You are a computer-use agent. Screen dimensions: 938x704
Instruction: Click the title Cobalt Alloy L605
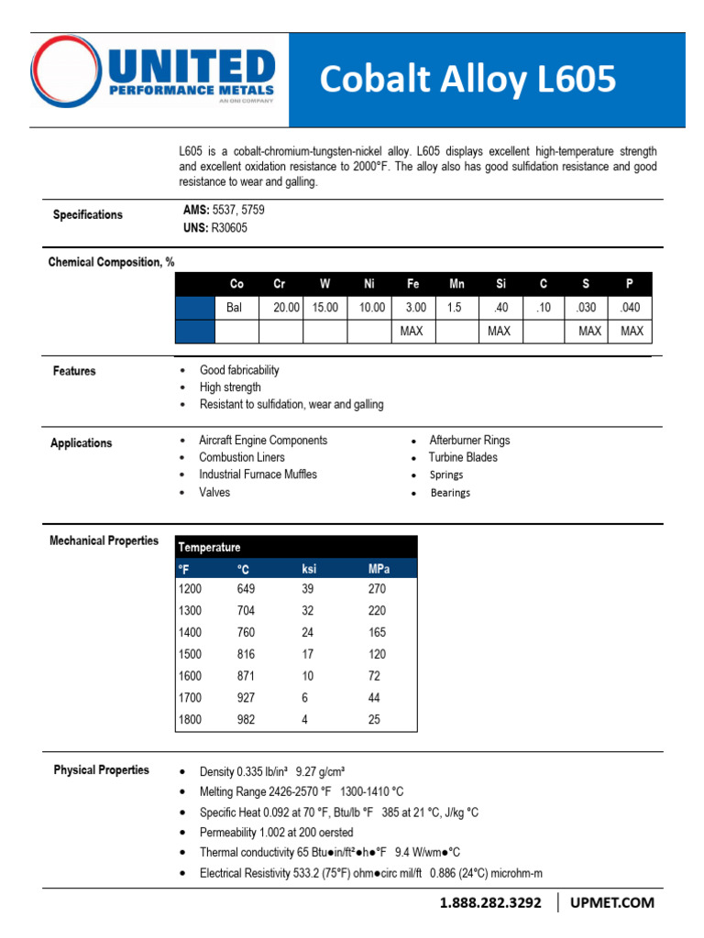coord(467,81)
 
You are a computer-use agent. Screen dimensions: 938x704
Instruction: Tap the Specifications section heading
coord(87,214)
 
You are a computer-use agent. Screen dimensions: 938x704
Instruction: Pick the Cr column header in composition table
coord(280,285)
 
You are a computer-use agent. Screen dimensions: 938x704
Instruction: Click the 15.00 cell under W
coord(325,308)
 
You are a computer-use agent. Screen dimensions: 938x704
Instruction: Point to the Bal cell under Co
coord(235,308)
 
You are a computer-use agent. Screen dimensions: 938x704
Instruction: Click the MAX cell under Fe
coord(412,331)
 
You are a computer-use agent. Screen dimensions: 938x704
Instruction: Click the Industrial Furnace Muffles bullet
coord(258,474)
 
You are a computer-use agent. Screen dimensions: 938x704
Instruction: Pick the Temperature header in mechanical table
coord(210,547)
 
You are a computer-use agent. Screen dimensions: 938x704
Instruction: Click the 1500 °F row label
coord(191,654)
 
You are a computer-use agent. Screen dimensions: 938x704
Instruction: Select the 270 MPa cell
coord(377,589)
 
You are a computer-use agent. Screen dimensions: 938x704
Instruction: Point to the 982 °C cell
coord(247,720)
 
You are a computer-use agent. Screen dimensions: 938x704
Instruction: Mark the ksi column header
coord(309,569)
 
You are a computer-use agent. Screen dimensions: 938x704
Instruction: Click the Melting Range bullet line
coord(301,791)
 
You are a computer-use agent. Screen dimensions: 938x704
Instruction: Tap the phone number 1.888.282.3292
coord(490,903)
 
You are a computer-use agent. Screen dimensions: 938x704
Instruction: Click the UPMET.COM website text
coord(612,903)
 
